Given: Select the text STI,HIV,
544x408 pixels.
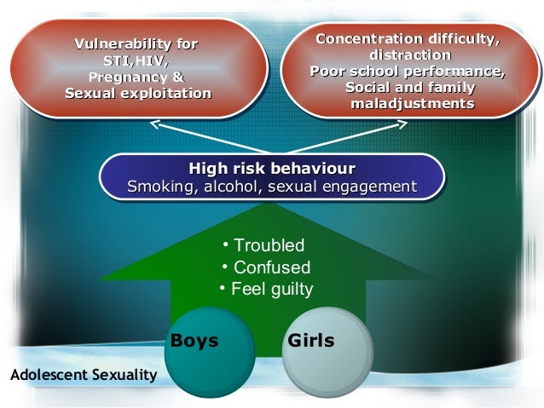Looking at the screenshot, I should point(136,60).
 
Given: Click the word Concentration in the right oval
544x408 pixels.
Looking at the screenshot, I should point(370,39).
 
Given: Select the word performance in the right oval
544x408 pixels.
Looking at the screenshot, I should point(456,72).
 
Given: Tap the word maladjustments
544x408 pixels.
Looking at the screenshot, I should point(413,104).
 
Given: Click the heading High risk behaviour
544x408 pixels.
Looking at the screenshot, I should point(271,168).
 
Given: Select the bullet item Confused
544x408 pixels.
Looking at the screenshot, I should point(271,267).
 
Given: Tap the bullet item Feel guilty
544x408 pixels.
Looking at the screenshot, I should point(272,289).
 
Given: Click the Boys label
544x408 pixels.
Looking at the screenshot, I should point(194,342).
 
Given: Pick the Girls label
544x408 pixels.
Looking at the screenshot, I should point(311,342).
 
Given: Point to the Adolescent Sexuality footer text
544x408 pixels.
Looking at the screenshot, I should point(82,375).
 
